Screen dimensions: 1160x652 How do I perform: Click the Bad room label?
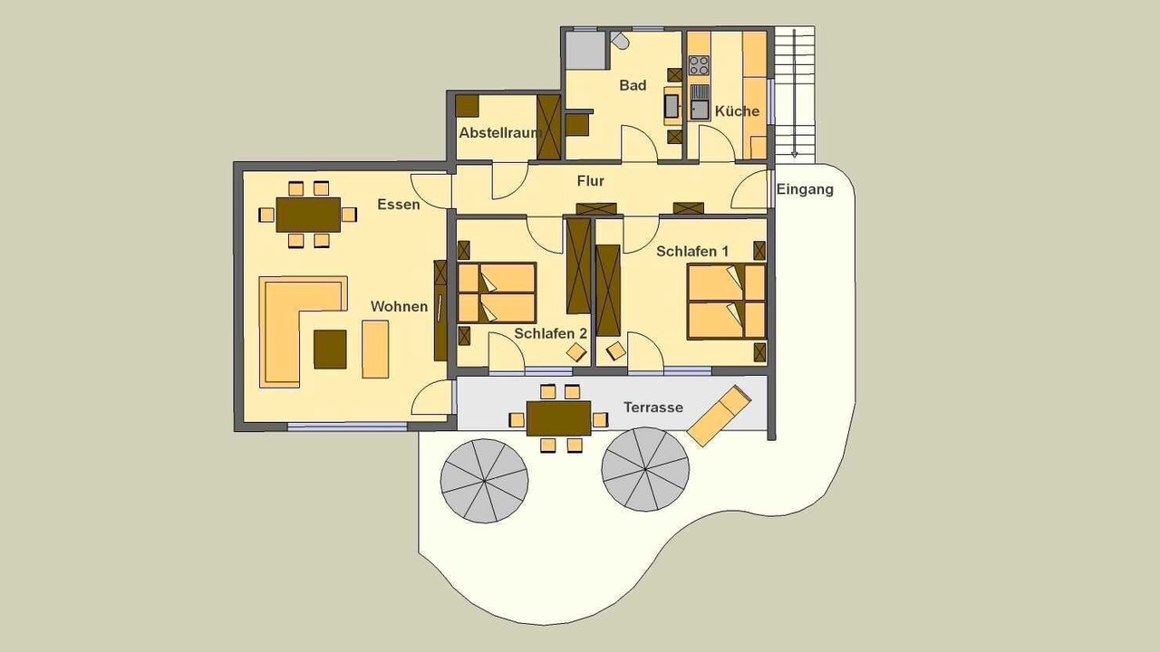(x=633, y=85)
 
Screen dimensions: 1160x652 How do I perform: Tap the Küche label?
(x=737, y=111)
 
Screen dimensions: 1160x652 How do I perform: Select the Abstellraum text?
(x=499, y=133)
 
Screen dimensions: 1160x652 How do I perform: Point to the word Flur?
(x=590, y=181)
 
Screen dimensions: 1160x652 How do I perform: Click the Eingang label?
(x=805, y=189)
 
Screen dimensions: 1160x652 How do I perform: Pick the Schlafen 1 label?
(x=692, y=252)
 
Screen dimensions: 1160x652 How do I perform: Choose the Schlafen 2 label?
(x=550, y=334)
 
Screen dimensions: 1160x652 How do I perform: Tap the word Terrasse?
(x=653, y=407)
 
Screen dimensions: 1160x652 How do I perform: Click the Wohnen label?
(x=400, y=307)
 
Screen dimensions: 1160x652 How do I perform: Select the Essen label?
(x=398, y=205)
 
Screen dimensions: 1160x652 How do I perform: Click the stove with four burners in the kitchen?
(x=699, y=66)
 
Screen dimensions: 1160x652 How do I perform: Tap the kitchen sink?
(x=700, y=102)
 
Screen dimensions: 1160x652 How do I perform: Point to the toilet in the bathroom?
(x=620, y=40)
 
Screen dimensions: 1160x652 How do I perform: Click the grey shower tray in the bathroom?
(x=585, y=50)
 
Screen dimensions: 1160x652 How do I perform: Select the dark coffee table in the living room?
(x=330, y=350)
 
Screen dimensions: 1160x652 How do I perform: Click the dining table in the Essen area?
(x=308, y=215)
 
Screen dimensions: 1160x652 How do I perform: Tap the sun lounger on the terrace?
(x=719, y=416)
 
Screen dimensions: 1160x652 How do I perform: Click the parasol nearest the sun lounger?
(x=645, y=469)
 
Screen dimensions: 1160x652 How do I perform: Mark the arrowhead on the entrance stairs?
(x=794, y=153)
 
